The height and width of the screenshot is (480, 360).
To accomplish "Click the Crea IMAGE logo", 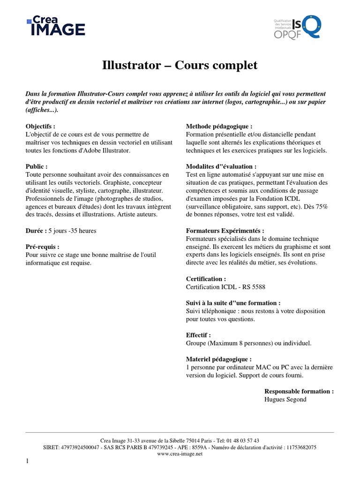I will [56, 27].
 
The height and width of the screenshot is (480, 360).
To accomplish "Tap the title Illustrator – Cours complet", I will [180, 65].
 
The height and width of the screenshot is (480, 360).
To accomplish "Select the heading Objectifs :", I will [40, 127].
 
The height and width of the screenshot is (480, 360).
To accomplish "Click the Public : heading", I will [37, 166].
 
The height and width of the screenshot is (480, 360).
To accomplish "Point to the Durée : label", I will [36, 231].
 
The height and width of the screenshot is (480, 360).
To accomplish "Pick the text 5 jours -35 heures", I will [73, 231].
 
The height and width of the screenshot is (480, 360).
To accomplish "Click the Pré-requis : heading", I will [43, 247].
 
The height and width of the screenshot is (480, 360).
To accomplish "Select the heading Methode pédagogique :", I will [219, 127].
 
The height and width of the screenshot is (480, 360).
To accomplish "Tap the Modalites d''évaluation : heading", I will [221, 166].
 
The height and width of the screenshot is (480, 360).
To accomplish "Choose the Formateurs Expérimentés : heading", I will [225, 231].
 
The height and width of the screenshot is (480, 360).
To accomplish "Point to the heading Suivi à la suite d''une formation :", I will [233, 303].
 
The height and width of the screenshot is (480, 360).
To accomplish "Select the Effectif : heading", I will [198, 335].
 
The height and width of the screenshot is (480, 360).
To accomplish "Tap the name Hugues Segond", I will [285, 399].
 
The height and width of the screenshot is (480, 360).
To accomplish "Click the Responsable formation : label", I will [299, 391].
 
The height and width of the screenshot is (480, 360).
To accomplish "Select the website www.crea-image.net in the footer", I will [180, 454].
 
